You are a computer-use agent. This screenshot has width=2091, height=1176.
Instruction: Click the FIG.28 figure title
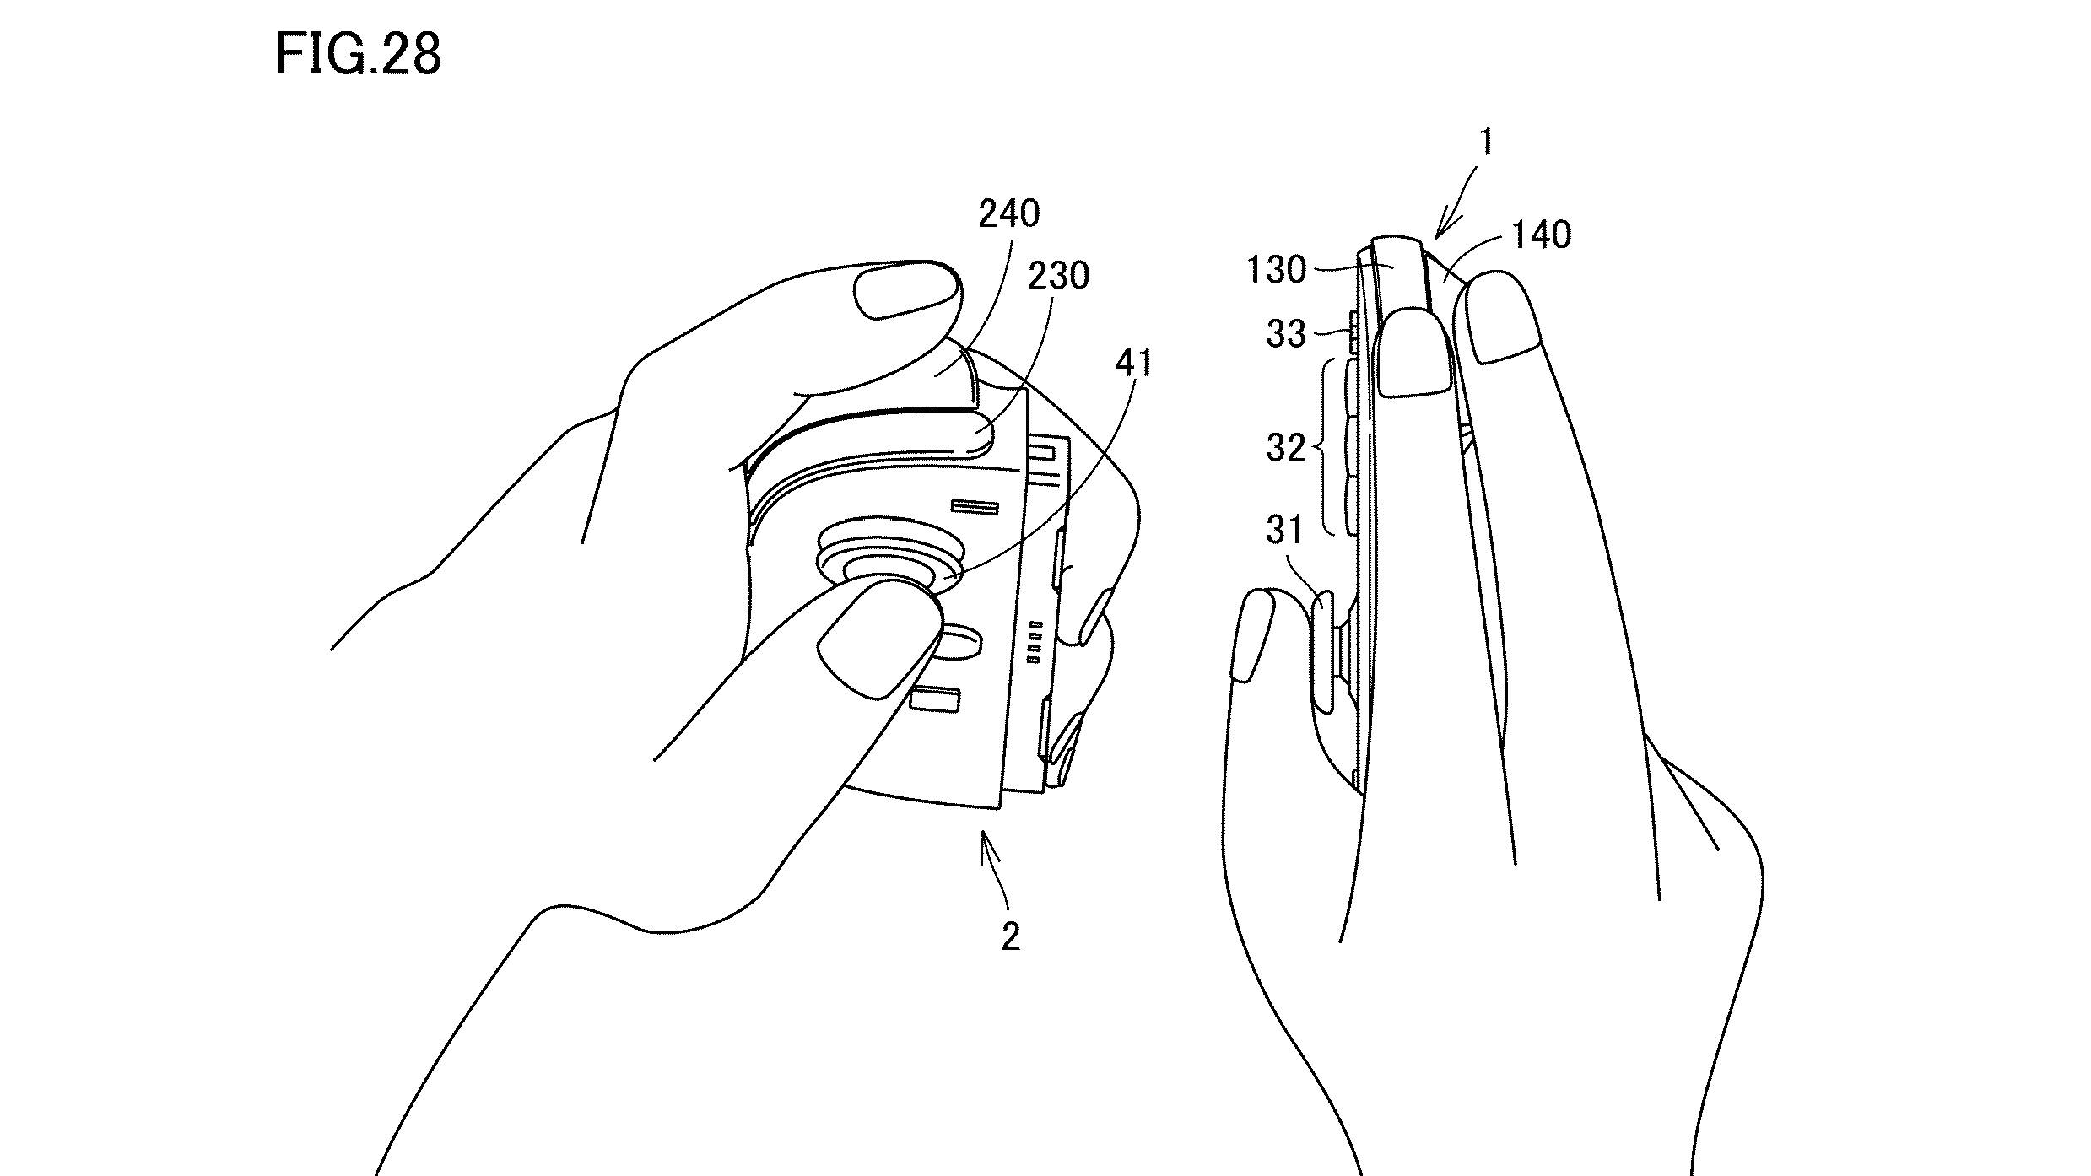(358, 56)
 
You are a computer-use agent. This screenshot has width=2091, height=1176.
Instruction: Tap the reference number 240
(1008, 214)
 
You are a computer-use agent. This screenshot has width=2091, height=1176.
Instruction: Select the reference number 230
(1057, 276)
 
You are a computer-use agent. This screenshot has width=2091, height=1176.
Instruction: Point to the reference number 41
(1133, 364)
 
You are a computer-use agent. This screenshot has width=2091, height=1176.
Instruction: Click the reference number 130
(1276, 271)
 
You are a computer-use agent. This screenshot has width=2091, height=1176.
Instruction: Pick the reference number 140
(1542, 235)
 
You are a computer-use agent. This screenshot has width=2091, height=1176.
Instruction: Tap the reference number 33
(1285, 335)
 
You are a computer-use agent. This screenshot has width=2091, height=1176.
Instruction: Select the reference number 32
(1285, 448)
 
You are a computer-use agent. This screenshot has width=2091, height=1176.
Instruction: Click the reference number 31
(1285, 531)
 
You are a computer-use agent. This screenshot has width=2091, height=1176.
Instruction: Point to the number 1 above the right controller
(1487, 143)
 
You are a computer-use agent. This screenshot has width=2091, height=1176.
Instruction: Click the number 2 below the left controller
(1010, 936)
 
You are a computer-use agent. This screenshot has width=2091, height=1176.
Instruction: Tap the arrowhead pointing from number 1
(1442, 229)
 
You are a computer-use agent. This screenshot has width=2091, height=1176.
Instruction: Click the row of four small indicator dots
(1035, 644)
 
